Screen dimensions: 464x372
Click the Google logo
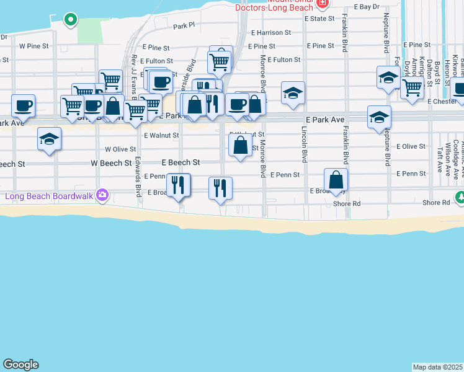pos(20,365)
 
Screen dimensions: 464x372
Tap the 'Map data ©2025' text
pos(438,367)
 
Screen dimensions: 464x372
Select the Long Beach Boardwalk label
pos(48,197)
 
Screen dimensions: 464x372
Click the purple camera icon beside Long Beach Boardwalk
pos(103,196)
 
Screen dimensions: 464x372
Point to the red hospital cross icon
pos(322,3)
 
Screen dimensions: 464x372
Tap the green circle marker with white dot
pos(71,19)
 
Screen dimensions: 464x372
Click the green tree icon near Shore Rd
pos(460,198)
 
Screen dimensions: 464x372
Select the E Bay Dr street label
pos(366,7)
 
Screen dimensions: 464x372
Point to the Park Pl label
pos(184,26)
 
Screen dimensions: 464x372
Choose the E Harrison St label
pos(271,32)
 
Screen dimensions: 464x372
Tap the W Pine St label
pos(33,46)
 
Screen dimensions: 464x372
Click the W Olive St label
pos(120,149)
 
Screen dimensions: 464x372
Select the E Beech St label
pos(181,162)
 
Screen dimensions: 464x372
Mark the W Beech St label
pos(111,163)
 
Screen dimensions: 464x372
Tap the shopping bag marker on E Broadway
pos(336,180)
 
